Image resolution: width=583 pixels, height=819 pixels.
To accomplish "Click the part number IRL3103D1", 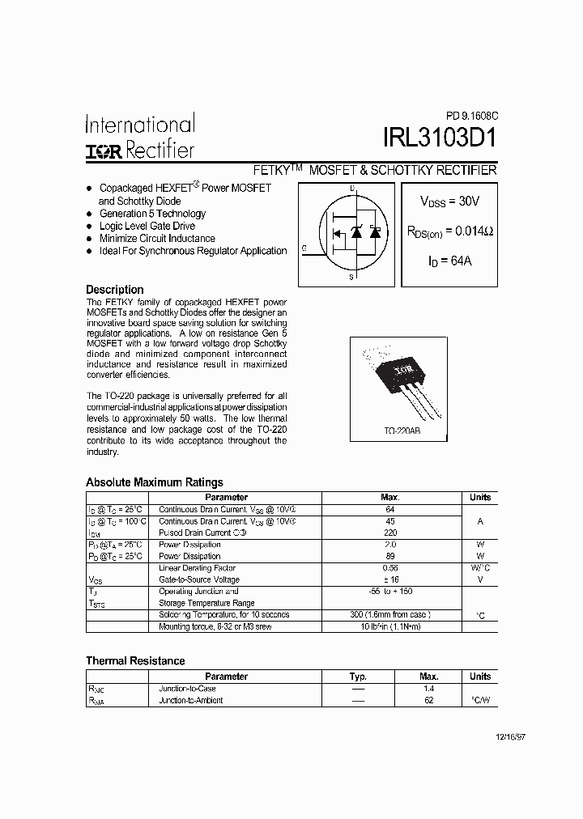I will [x=440, y=138].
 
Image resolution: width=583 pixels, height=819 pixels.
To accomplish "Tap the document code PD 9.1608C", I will [x=470, y=115].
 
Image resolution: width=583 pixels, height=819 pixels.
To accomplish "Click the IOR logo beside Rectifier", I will [x=104, y=151].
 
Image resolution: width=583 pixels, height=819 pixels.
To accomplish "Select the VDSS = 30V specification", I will [x=449, y=202].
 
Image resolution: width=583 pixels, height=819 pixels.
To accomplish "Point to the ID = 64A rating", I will [x=449, y=261].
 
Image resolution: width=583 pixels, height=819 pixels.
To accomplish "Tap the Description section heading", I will [x=115, y=290].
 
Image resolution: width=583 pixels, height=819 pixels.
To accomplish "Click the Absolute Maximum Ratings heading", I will [x=155, y=482].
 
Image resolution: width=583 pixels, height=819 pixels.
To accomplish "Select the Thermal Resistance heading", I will [x=135, y=661].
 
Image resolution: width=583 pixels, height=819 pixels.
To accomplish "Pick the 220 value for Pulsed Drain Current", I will [x=390, y=533].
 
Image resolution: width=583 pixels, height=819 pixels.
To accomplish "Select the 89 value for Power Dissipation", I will [x=390, y=556].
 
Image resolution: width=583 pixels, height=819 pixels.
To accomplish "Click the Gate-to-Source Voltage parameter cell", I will [x=199, y=579].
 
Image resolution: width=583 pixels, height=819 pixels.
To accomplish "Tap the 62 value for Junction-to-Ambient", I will [x=429, y=700].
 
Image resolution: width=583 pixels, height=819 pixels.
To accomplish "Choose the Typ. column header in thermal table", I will [x=358, y=677].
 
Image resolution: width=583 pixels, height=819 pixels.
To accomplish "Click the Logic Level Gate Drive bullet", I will [x=147, y=227].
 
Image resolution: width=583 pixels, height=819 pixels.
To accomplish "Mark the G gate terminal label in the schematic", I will [x=304, y=248].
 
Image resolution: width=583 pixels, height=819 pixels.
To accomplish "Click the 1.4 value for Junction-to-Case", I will [x=429, y=688].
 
